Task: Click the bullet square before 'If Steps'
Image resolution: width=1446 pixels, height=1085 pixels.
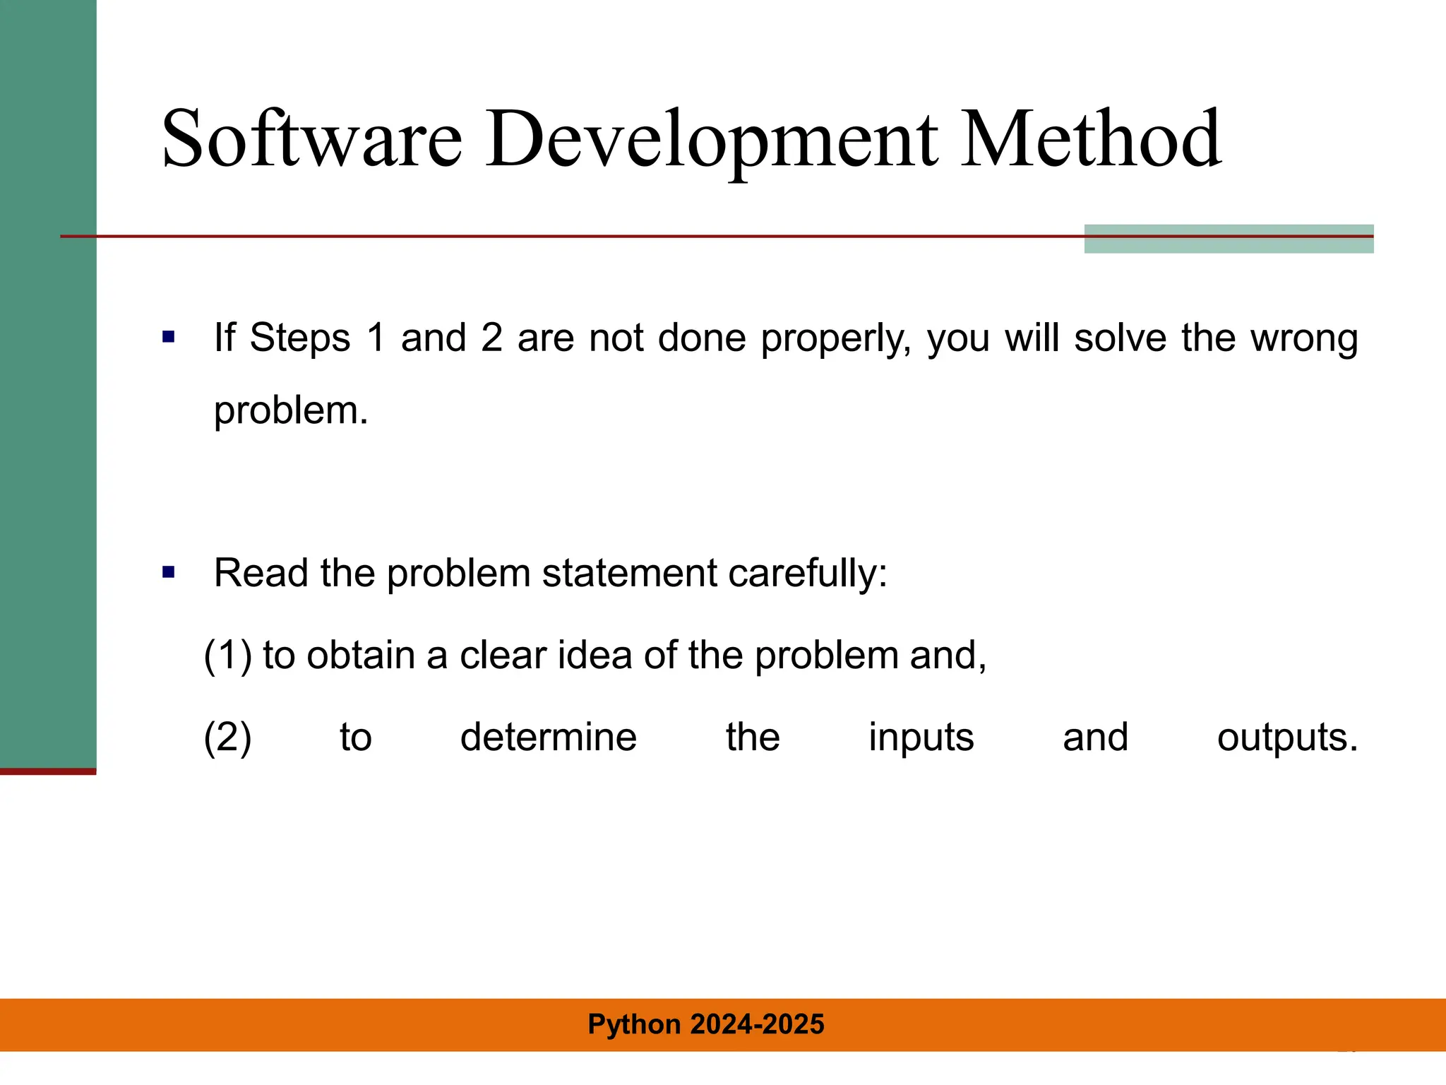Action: point(168,337)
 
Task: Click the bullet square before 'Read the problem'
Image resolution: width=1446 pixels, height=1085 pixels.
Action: point(168,572)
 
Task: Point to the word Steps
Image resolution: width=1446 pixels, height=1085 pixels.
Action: point(299,338)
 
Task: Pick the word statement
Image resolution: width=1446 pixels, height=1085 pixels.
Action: point(629,573)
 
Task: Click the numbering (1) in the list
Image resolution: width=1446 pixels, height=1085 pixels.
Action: point(227,656)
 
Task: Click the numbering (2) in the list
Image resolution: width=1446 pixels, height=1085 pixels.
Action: point(227,737)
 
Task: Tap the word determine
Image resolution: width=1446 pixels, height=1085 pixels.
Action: point(549,737)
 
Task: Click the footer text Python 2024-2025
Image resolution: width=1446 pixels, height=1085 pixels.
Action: point(706,1024)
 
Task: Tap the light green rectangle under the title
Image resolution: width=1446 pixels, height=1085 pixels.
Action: point(1229,244)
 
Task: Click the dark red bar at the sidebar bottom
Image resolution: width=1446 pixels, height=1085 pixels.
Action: point(48,771)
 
